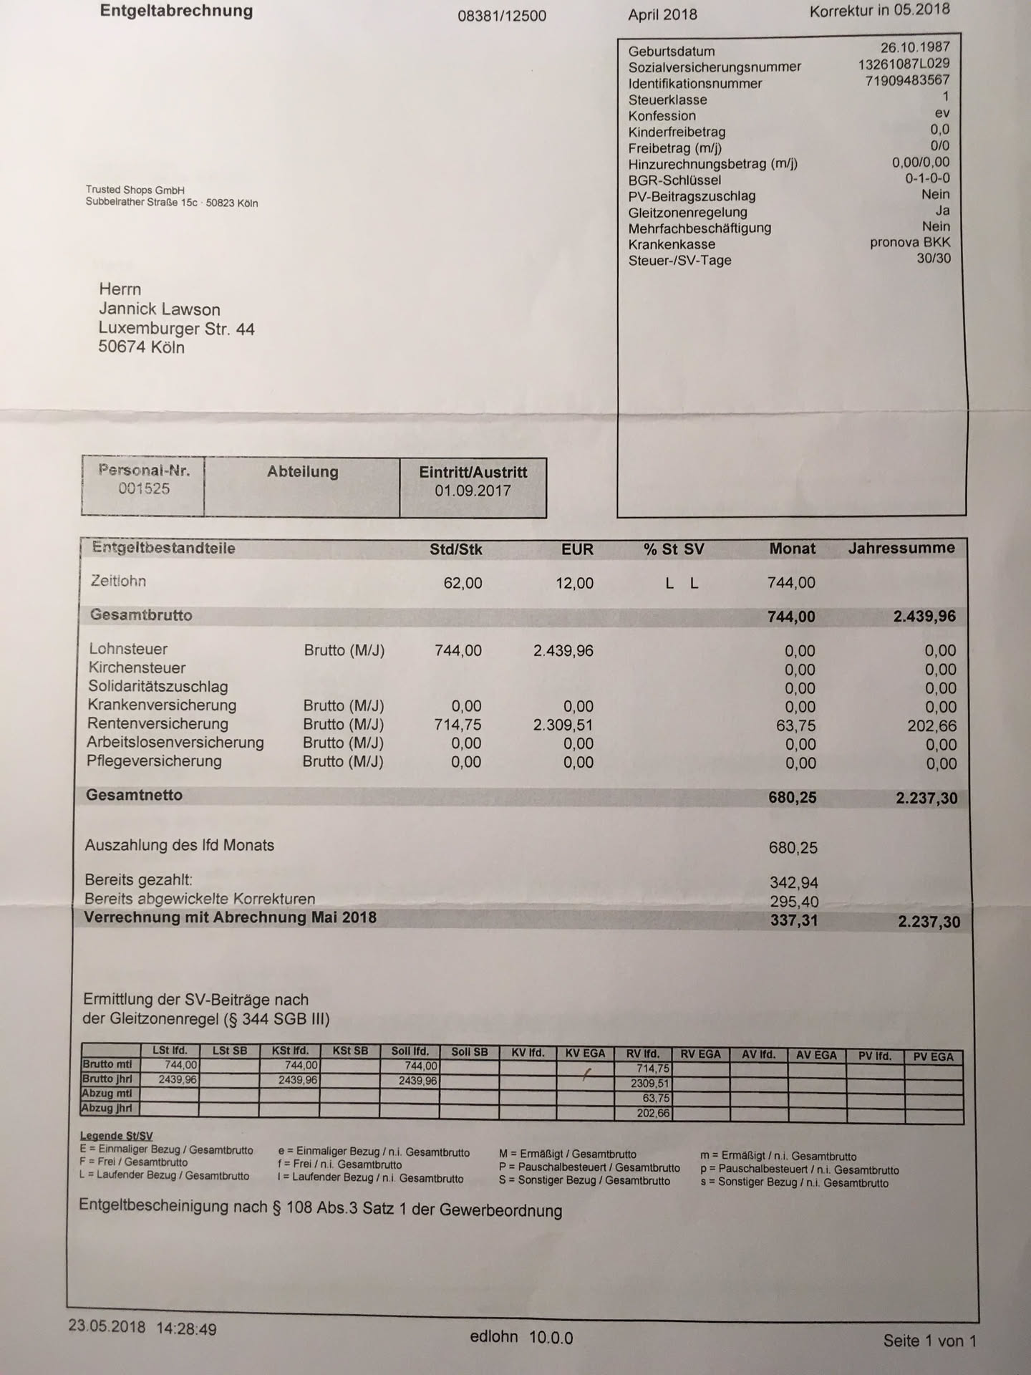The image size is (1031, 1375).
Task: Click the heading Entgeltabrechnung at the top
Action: click(x=176, y=11)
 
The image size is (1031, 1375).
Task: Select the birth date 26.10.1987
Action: click(x=915, y=47)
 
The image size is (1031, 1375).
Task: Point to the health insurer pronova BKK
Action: click(x=910, y=242)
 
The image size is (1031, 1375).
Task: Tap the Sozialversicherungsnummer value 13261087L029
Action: click(x=904, y=64)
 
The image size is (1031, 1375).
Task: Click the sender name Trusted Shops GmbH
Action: click(x=135, y=190)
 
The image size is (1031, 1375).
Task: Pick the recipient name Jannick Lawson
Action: click(x=160, y=309)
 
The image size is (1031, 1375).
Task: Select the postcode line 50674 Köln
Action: click(x=142, y=347)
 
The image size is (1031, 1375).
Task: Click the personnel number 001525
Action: click(x=144, y=489)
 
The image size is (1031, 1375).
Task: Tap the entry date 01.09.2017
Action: click(x=473, y=491)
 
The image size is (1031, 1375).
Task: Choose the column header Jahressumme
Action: click(x=901, y=549)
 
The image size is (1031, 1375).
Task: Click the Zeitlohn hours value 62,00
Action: click(x=463, y=583)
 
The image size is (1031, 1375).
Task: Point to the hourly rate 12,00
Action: click(x=574, y=583)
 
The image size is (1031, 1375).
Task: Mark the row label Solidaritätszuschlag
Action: click(x=158, y=686)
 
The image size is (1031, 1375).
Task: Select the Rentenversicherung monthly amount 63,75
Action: click(x=795, y=725)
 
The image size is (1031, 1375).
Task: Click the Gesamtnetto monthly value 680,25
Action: click(x=792, y=797)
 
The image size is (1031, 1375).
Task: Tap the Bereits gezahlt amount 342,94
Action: click(x=793, y=883)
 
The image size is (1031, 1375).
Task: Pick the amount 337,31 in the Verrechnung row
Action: click(x=793, y=920)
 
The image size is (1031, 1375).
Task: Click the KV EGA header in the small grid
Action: click(x=585, y=1053)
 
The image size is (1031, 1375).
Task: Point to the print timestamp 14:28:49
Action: click(x=186, y=1328)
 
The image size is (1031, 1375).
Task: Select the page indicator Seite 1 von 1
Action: click(x=929, y=1341)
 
